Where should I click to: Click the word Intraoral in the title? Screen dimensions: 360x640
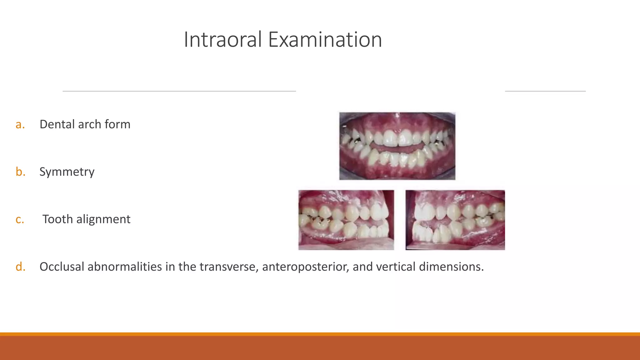pyautogui.click(x=222, y=40)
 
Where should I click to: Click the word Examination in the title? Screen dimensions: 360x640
pyautogui.click(x=325, y=40)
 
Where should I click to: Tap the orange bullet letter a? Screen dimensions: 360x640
pyautogui.click(x=20, y=125)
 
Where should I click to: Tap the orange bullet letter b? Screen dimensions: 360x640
pyautogui.click(x=20, y=172)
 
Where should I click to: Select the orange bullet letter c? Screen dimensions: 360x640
pyautogui.click(x=20, y=220)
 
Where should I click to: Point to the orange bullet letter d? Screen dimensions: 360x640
pyautogui.click(x=20, y=267)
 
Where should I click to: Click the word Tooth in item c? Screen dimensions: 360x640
pyautogui.click(x=57, y=219)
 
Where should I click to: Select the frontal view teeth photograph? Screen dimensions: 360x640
pyautogui.click(x=397, y=146)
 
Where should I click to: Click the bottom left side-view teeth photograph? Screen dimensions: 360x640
pyautogui.click(x=346, y=220)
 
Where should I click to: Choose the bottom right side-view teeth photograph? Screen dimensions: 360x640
pyautogui.click(x=455, y=220)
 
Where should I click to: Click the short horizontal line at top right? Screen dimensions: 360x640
pyautogui.click(x=545, y=91)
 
